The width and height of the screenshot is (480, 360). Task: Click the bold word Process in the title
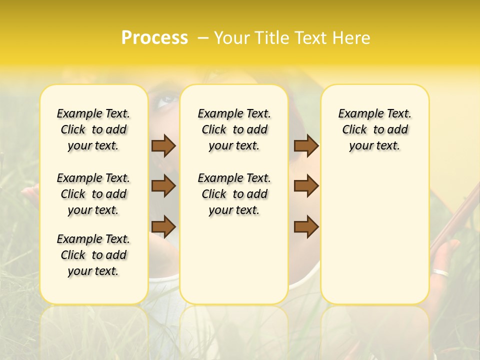tap(154, 37)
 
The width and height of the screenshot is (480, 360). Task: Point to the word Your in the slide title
tap(232, 38)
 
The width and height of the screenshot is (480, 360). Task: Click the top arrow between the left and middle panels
tap(163, 145)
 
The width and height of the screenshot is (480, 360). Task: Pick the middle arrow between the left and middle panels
tap(163, 186)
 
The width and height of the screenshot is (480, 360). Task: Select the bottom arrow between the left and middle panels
tap(163, 226)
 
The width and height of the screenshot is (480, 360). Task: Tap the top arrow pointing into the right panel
tap(306, 145)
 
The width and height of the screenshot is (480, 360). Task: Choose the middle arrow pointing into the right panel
tap(306, 186)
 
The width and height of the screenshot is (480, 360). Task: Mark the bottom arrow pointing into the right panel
tap(306, 226)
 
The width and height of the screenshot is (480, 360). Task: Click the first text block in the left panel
tap(93, 129)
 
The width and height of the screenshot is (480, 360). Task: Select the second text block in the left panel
tap(93, 194)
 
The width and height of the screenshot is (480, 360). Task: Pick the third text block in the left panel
tap(93, 255)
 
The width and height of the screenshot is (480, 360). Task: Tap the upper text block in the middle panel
tap(234, 129)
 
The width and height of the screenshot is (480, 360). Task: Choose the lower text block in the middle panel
tap(234, 194)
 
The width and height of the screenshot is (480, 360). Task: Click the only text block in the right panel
tap(375, 129)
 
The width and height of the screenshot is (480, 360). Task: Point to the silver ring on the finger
tap(441, 273)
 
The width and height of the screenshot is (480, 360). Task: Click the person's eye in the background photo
tap(165, 102)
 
